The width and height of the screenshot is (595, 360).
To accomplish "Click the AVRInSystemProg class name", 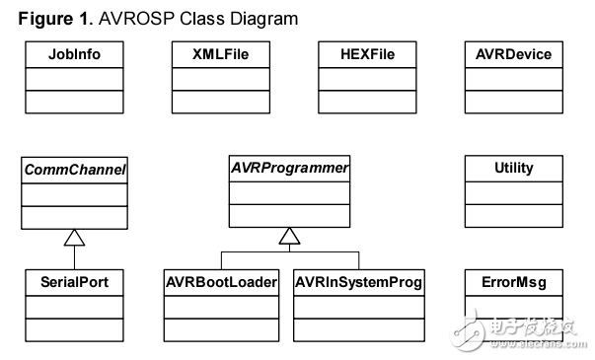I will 359,282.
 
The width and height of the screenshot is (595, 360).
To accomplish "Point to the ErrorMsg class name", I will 514,282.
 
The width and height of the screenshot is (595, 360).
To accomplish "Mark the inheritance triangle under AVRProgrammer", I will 287,237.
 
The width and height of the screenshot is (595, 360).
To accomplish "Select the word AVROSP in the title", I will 126,18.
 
